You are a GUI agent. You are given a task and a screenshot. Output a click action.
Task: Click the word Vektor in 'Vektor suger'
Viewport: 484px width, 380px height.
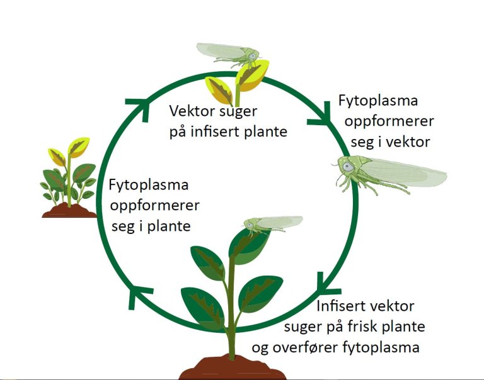(191, 112)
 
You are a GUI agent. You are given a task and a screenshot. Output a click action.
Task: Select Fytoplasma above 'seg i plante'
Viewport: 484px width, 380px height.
(149, 186)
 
